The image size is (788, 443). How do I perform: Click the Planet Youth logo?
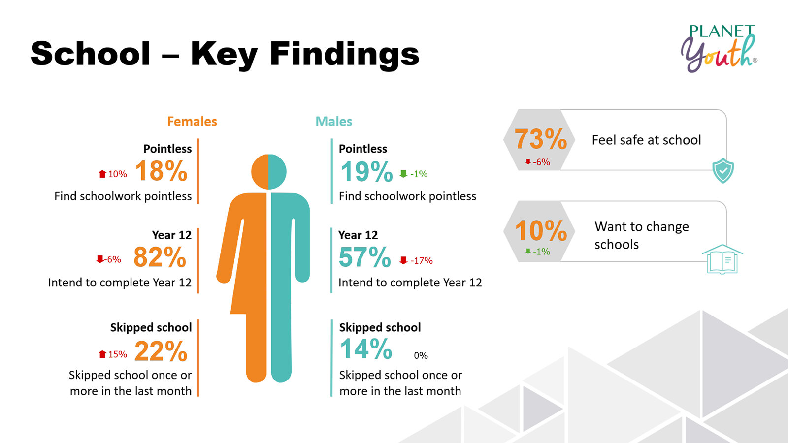pos(719,48)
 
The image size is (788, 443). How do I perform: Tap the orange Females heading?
pos(192,122)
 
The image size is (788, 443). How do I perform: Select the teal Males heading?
pos(334,122)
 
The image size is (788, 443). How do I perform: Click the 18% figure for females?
pos(161,171)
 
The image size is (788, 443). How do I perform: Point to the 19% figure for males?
pos(366,172)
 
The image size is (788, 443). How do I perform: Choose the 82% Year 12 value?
pos(160,257)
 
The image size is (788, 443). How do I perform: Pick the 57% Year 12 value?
pos(364,257)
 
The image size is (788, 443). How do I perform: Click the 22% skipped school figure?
pos(161,351)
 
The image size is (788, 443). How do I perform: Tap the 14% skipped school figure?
pos(366,349)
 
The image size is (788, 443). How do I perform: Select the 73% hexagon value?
pos(540,139)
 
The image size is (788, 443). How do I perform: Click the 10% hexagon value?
pos(540,231)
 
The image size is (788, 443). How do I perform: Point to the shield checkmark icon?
pos(723,170)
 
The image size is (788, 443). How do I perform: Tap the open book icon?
pos(722,259)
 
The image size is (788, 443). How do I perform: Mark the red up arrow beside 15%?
pos(102,354)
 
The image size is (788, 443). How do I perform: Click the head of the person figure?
pos(268,172)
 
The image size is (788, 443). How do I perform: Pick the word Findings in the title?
pos(344,54)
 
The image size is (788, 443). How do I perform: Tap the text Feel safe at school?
pos(646,140)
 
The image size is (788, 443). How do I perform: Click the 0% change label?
pos(421,356)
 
